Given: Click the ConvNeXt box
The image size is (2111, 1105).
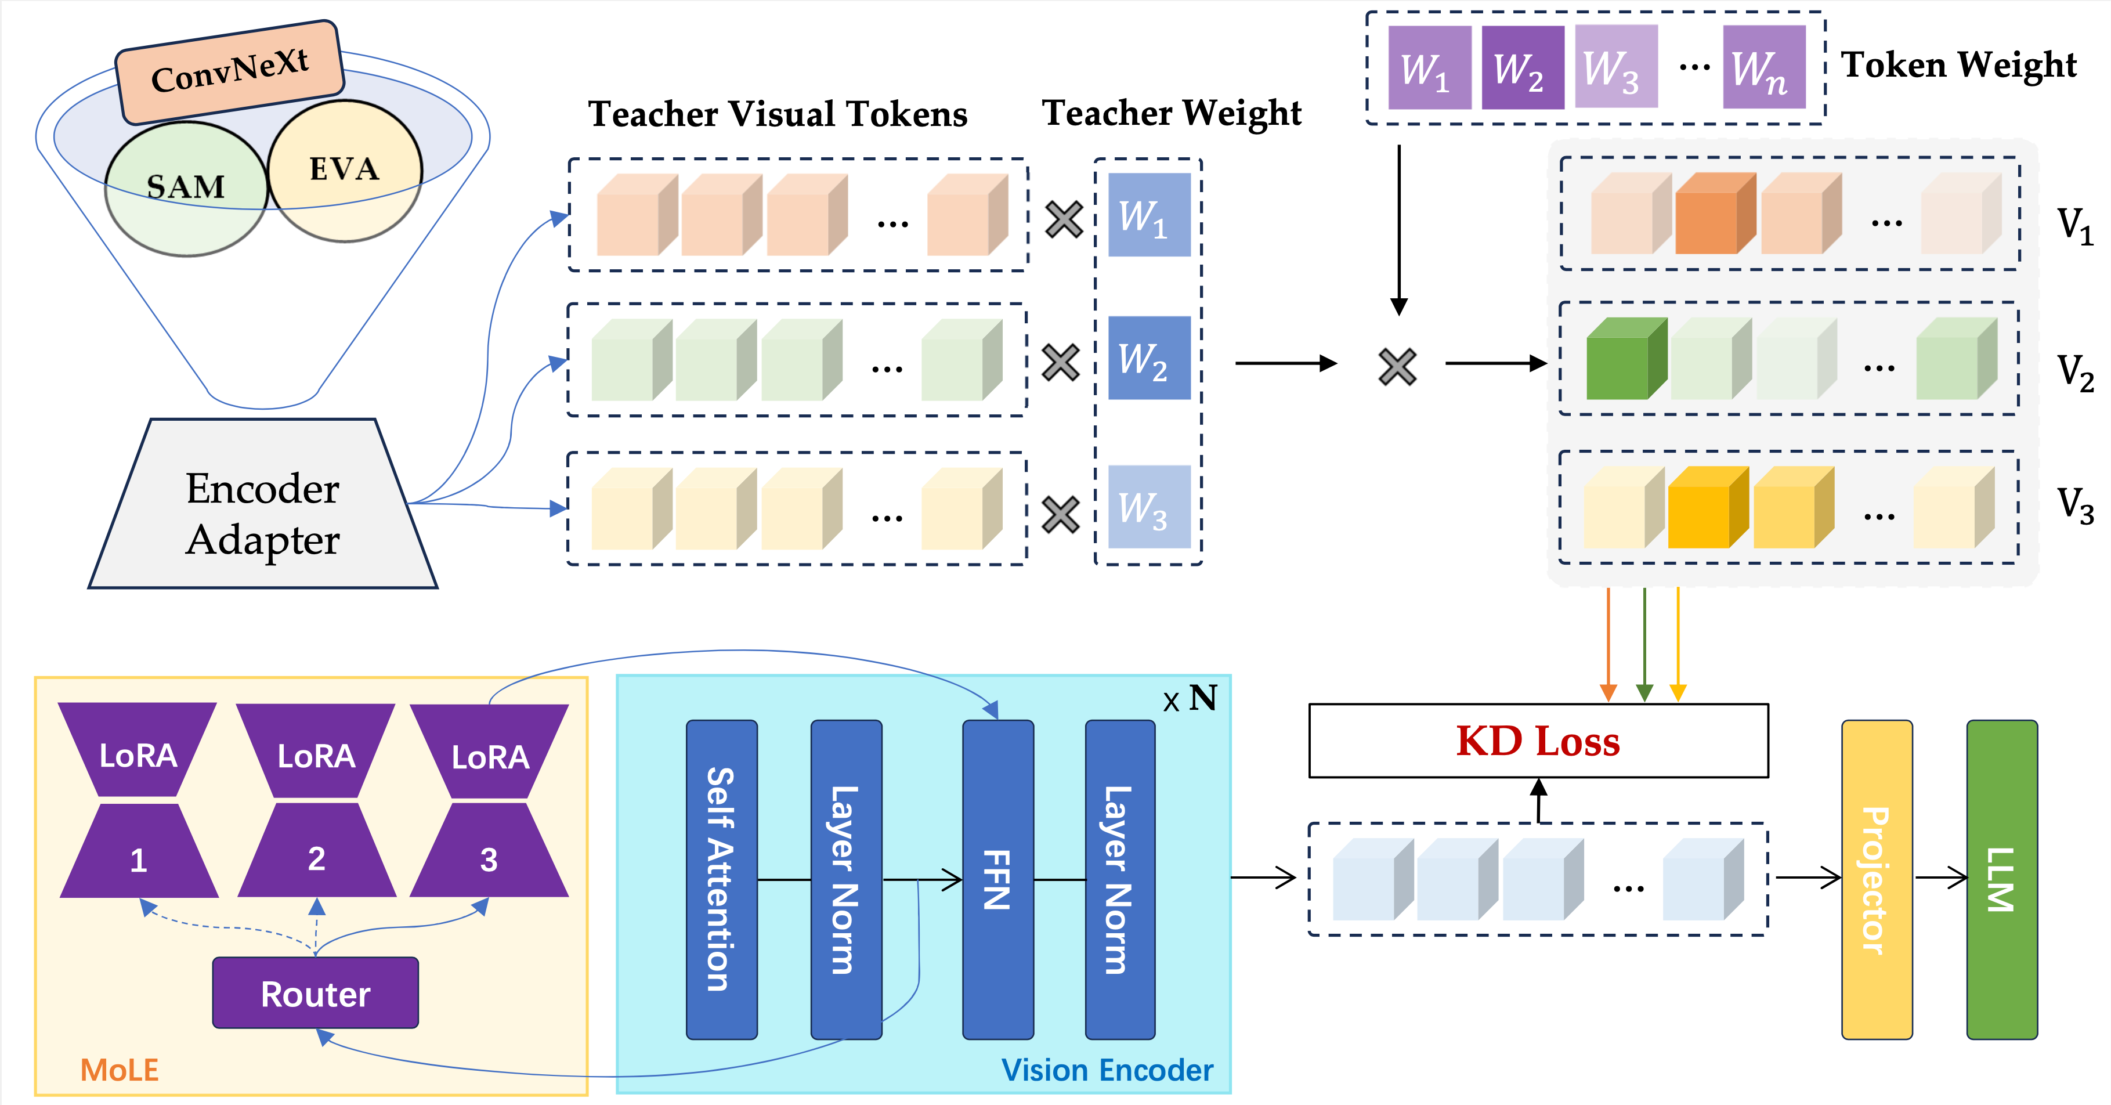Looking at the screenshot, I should (229, 72).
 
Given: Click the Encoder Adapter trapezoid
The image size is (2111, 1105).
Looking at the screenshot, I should (262, 513).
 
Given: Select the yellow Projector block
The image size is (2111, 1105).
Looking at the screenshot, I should (1877, 880).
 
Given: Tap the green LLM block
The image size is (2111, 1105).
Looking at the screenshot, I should (2001, 880).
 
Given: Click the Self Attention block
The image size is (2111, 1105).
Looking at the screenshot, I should (721, 880).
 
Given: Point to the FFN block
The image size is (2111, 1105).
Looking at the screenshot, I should (997, 880).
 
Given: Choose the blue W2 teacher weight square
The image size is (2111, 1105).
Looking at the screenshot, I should (1149, 358).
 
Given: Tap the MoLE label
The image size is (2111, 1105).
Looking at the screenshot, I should (120, 1070).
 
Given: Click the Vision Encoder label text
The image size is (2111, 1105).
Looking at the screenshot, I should (1107, 1070).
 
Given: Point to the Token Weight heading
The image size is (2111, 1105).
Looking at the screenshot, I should (1958, 66).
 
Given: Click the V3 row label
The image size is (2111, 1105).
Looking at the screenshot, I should (2075, 505).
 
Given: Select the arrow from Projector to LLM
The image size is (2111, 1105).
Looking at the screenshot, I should (1940, 878).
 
